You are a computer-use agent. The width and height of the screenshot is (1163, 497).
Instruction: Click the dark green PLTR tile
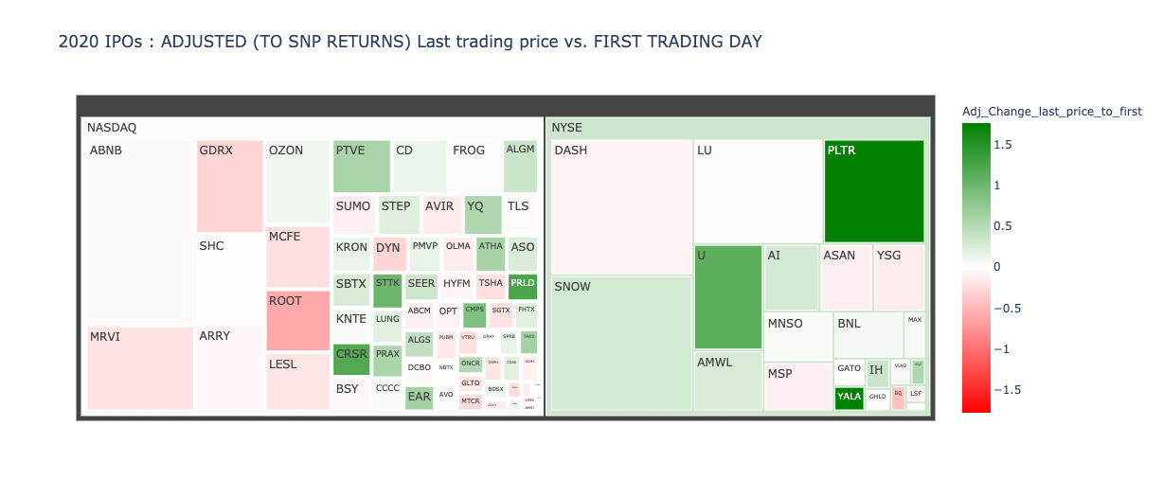(x=874, y=191)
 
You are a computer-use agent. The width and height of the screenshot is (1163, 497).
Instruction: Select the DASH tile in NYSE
(x=621, y=207)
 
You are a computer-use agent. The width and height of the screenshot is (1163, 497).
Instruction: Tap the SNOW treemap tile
(x=621, y=343)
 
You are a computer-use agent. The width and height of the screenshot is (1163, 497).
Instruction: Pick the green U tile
(x=728, y=297)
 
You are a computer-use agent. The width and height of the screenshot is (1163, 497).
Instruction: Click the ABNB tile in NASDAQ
(x=140, y=232)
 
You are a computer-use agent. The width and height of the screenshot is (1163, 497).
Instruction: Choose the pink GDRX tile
(x=229, y=186)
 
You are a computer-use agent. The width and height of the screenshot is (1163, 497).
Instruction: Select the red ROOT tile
(x=297, y=321)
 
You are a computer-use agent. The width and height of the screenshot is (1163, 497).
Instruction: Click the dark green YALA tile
(x=849, y=398)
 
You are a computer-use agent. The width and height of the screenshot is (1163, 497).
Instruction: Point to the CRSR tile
(x=351, y=360)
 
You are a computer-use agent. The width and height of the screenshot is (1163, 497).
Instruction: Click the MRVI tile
(x=140, y=368)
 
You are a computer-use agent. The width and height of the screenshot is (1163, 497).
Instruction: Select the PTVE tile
(x=361, y=166)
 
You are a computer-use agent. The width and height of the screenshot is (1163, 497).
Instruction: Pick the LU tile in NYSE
(x=758, y=191)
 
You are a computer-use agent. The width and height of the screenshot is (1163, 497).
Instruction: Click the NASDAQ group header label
(x=112, y=127)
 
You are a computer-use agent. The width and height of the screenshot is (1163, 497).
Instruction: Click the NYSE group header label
(x=567, y=127)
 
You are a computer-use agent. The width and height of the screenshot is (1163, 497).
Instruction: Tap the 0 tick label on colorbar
(x=998, y=267)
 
